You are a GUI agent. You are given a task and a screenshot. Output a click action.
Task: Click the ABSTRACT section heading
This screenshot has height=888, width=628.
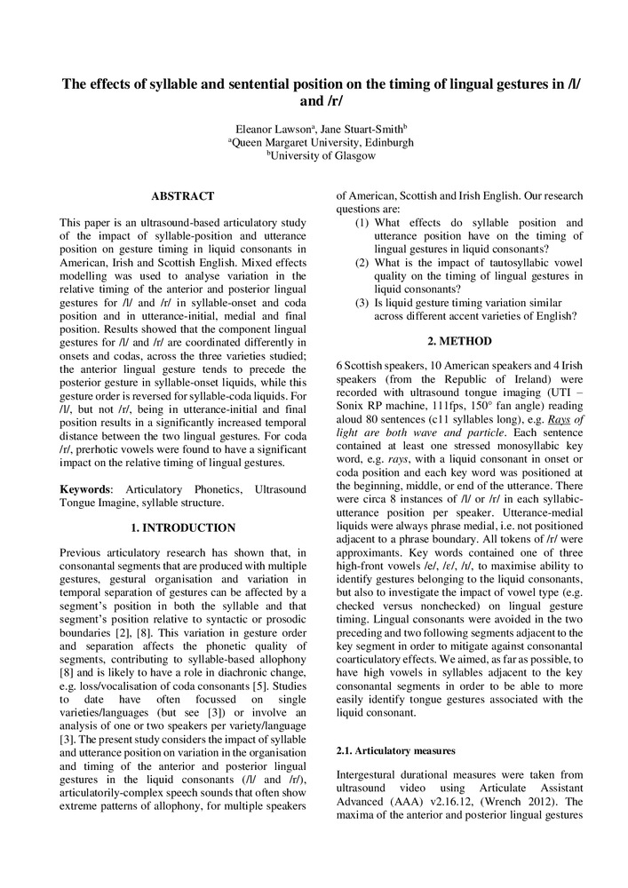pos(182,195)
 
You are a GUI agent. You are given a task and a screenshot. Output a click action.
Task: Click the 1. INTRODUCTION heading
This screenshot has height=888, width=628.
pos(183,527)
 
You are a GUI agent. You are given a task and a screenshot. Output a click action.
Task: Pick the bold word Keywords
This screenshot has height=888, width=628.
pos(85,489)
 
